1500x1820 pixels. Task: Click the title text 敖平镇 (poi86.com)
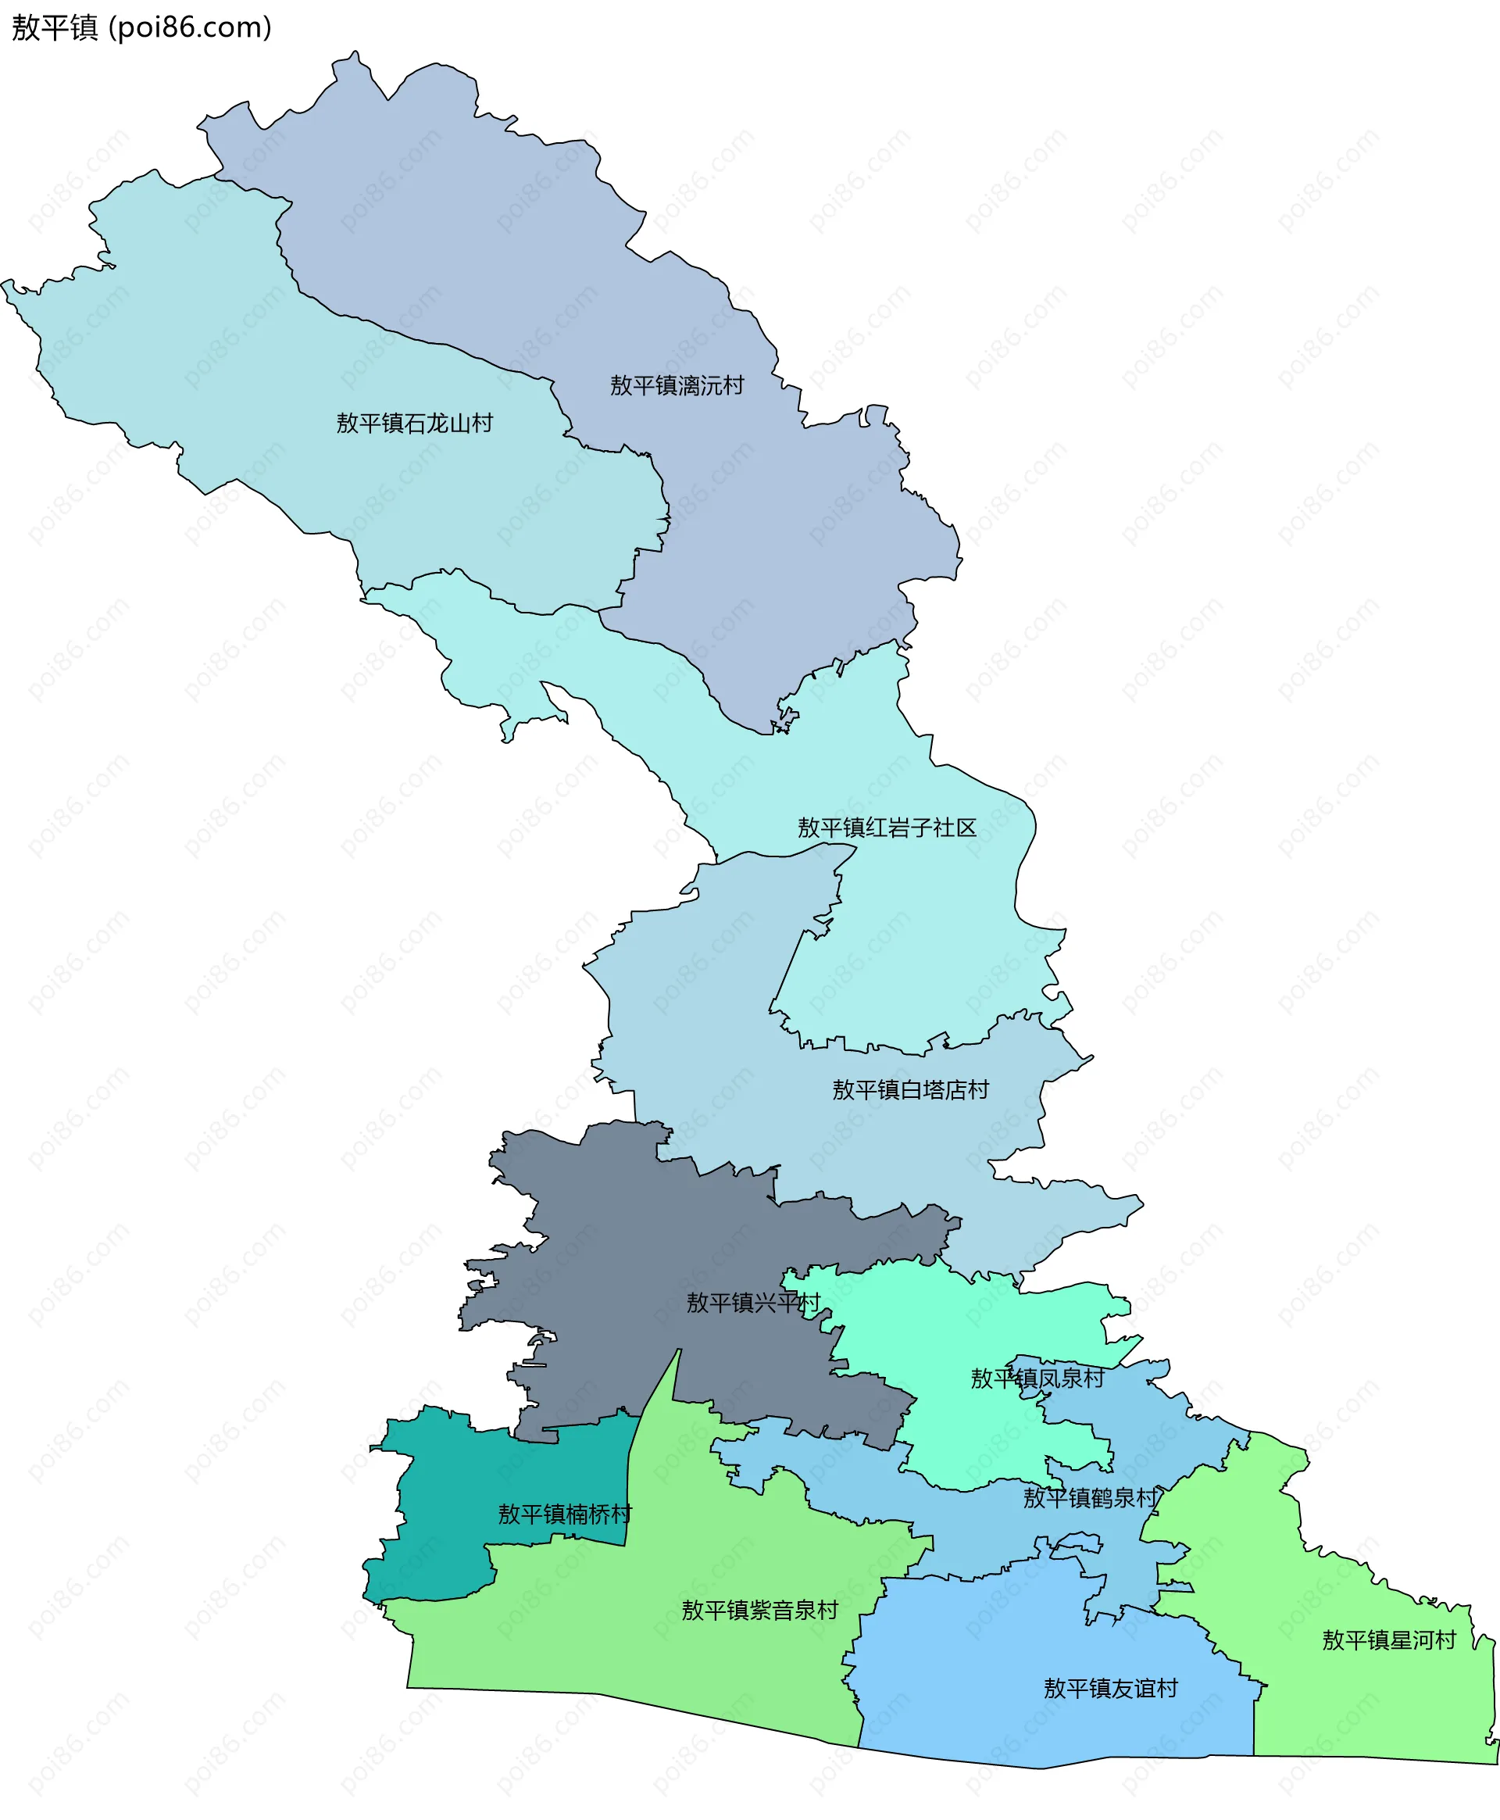coord(141,27)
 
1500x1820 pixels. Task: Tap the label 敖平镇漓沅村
coord(677,385)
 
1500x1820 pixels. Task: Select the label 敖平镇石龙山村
coord(414,423)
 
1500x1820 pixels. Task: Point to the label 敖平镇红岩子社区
coord(887,827)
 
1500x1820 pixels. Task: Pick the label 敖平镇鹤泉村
coord(1090,1498)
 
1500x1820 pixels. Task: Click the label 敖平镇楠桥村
coord(564,1514)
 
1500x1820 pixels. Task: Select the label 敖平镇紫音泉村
coord(759,1610)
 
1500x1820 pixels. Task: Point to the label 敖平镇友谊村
coord(1110,1688)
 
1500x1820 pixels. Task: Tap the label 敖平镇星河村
coord(1388,1639)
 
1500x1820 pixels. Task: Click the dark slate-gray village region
coord(622,1227)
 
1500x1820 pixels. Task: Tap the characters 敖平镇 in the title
coord(55,27)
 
